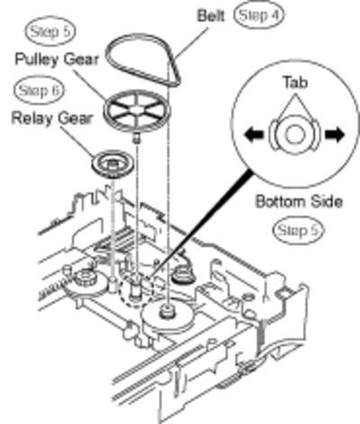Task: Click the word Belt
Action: (x=211, y=15)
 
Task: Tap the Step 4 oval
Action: (x=259, y=14)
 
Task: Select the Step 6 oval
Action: (x=39, y=90)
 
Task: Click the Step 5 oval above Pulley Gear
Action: (x=50, y=31)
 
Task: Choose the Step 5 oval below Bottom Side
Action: (x=297, y=230)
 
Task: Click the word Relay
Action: (x=32, y=118)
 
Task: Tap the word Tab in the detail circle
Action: (x=295, y=82)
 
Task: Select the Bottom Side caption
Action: (x=299, y=202)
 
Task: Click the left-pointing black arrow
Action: (x=254, y=134)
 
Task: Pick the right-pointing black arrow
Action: (x=335, y=134)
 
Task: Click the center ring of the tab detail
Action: (x=294, y=134)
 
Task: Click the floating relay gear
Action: (x=112, y=165)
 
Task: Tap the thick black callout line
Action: (x=201, y=222)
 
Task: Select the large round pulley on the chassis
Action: (x=167, y=317)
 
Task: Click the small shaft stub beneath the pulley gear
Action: (x=137, y=138)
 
